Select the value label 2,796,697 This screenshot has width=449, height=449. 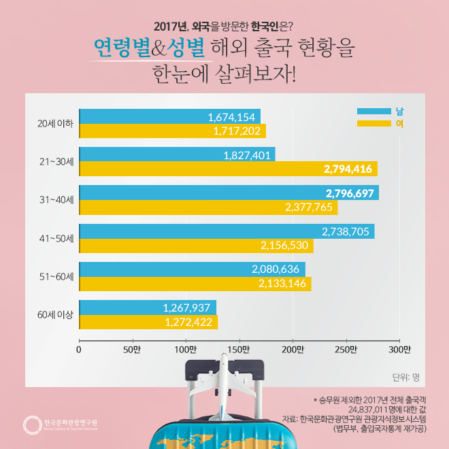click(349, 193)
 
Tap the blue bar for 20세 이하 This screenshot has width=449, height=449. click(169, 116)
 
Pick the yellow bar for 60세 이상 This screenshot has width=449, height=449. click(148, 322)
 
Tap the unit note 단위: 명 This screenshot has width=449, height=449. click(406, 376)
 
